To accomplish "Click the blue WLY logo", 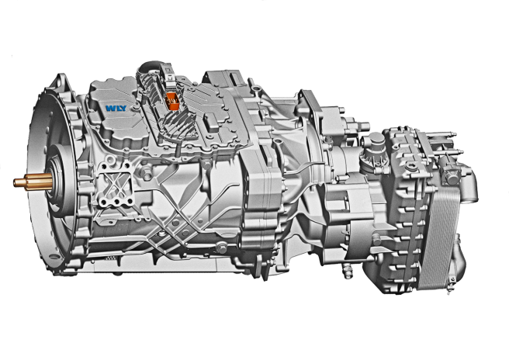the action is (116, 108).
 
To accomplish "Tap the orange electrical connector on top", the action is (172, 101).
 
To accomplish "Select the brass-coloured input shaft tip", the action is (33, 182).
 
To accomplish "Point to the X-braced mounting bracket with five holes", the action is (116, 184).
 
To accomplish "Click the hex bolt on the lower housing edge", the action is (222, 247).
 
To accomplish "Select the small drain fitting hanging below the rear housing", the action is (347, 272).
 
